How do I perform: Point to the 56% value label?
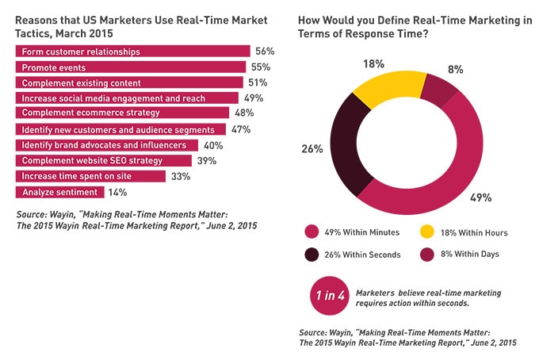click(x=263, y=52)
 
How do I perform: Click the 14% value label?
click(x=119, y=192)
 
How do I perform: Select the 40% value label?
click(x=213, y=145)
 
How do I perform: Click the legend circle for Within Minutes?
click(x=312, y=232)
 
